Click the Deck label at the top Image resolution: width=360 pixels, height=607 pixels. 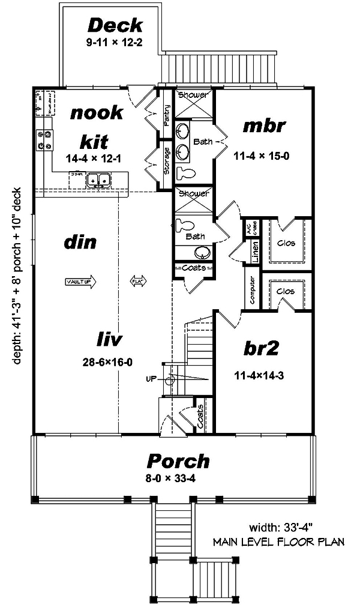coord(115,25)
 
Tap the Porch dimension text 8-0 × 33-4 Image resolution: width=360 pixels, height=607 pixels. coord(178,479)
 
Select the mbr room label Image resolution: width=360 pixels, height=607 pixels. coord(263,127)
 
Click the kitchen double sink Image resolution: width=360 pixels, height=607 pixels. coord(98,179)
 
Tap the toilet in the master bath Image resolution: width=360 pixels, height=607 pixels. coord(187,172)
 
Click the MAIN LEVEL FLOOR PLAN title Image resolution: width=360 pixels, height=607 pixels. coord(278,542)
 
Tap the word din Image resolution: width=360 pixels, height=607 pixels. coord(80,243)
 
